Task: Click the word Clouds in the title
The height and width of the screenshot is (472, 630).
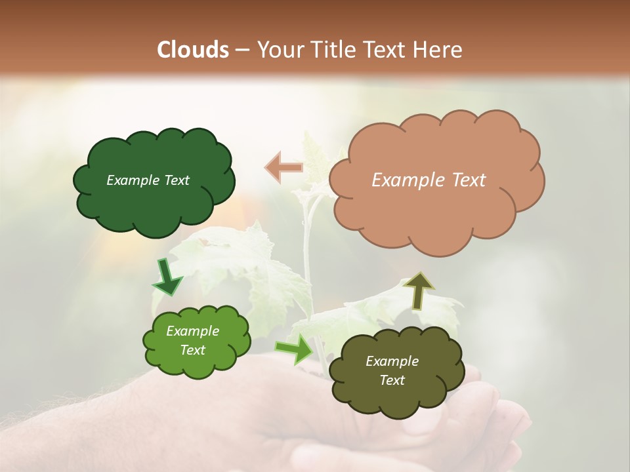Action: (193, 50)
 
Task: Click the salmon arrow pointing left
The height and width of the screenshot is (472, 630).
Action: (284, 167)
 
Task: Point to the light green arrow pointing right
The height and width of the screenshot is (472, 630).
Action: (294, 349)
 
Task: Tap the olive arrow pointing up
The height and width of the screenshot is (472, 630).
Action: (419, 290)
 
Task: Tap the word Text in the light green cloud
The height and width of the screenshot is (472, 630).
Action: (193, 350)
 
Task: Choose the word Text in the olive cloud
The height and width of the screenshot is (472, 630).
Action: (392, 380)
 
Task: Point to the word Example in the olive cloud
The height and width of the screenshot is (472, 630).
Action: (392, 361)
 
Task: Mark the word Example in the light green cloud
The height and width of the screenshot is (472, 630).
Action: (193, 331)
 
